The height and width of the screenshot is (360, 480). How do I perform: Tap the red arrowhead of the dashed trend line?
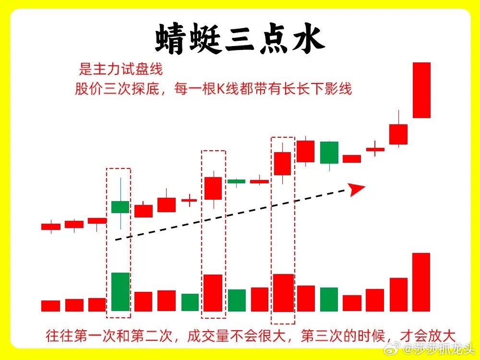pos(357,189)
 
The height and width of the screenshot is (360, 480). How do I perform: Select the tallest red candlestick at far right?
pos(421,90)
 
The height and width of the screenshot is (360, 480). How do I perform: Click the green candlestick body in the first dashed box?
pos(120,207)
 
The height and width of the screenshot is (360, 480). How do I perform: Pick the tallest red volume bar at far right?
pos(421,282)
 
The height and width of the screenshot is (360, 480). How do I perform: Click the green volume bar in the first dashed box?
pos(120,292)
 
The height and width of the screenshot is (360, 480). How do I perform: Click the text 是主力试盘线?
pos(120,69)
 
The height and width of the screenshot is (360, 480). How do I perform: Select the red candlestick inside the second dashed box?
pos(213,188)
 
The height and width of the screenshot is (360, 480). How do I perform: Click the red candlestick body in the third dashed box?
pos(282,164)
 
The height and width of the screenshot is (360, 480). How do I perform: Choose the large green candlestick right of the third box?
pos(329,153)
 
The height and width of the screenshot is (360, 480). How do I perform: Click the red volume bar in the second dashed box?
pos(213,293)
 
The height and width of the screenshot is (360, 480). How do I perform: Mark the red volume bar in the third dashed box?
pos(283,293)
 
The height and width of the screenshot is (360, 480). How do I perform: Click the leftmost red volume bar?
pos(50,306)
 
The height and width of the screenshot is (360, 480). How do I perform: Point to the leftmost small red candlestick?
pos(51,227)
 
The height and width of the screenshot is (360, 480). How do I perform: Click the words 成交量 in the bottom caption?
pos(207,336)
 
